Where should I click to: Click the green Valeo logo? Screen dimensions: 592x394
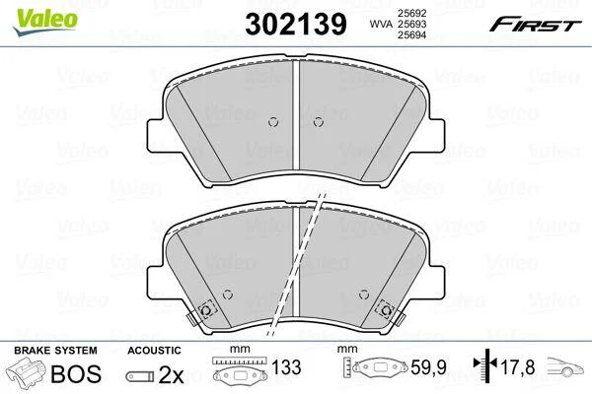(45, 22)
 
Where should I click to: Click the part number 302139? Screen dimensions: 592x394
(296, 24)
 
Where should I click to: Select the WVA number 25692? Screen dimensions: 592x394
(411, 13)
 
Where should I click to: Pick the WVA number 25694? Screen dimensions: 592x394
(411, 35)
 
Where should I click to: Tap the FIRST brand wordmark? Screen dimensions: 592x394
(535, 25)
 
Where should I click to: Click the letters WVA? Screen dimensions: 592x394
(381, 24)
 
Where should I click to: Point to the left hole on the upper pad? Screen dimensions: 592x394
(273, 122)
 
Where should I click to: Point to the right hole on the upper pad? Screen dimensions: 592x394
(319, 122)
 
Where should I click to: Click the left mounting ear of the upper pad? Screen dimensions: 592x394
(156, 136)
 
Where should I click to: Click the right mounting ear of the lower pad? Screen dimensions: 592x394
(435, 283)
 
